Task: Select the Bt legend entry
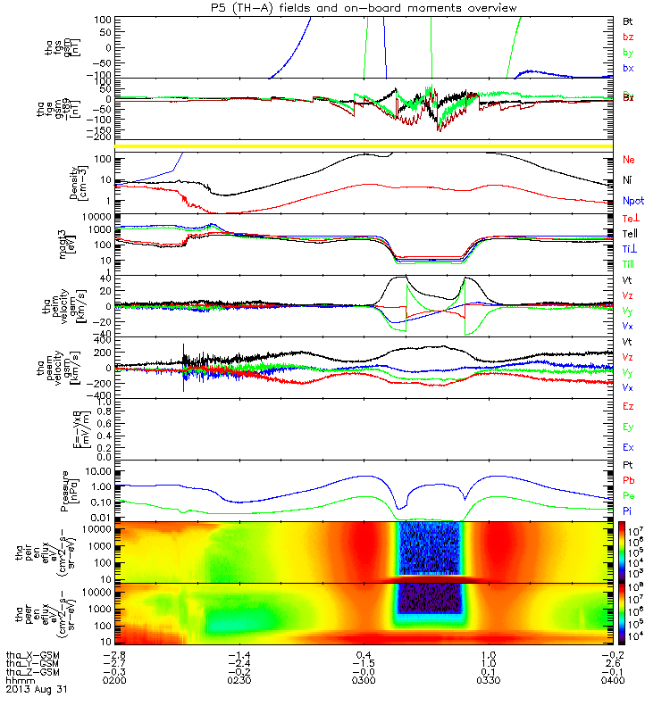(x=628, y=20)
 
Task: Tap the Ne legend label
(x=628, y=159)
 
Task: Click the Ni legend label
(x=627, y=179)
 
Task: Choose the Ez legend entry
(x=628, y=406)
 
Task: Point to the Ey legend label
(x=628, y=427)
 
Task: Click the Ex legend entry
(x=628, y=447)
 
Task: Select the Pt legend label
(x=627, y=467)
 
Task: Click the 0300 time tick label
(x=363, y=680)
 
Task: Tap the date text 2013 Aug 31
(x=36, y=690)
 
